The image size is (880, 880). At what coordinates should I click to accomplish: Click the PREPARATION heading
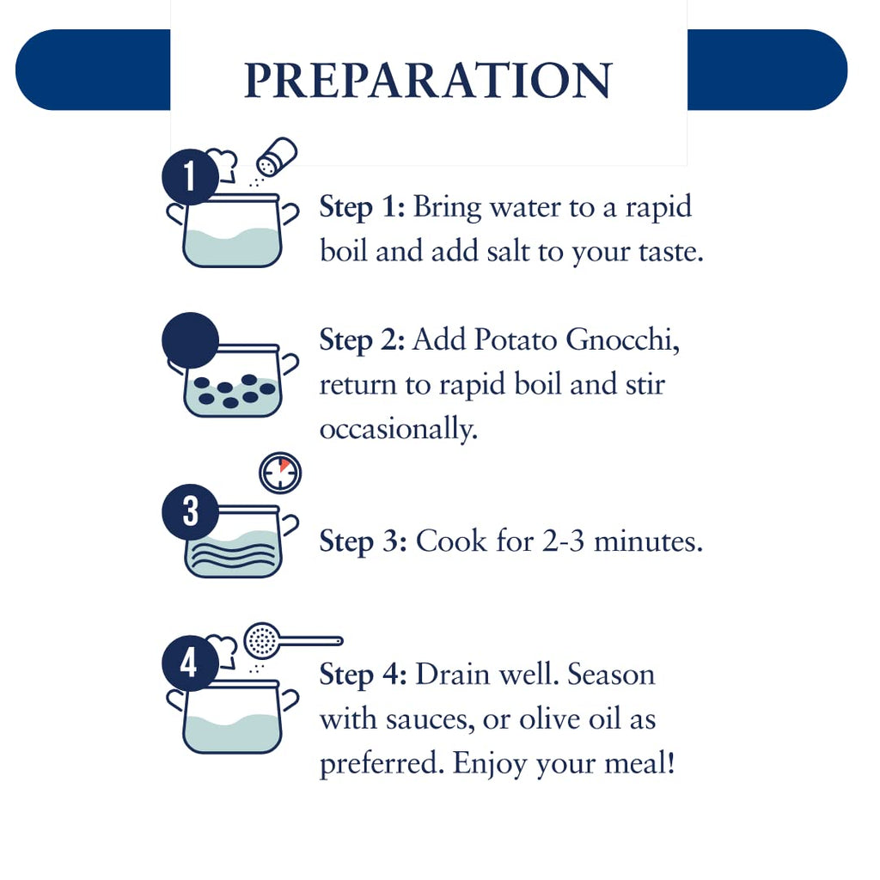(x=428, y=80)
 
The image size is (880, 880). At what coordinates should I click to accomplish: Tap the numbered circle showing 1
(x=190, y=177)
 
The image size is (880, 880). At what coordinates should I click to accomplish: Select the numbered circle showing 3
(x=190, y=512)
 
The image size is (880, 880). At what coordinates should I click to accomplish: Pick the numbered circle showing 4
(x=190, y=663)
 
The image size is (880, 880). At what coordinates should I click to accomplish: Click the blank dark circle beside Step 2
(x=190, y=340)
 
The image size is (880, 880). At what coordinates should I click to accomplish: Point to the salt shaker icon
(x=276, y=156)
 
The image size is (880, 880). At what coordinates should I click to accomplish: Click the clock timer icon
(x=280, y=474)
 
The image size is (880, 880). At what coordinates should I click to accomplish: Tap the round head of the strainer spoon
(x=261, y=640)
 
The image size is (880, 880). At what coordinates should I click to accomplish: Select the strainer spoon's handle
(x=311, y=640)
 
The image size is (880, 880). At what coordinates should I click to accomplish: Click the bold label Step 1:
(x=362, y=208)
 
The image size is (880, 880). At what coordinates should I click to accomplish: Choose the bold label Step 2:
(x=362, y=340)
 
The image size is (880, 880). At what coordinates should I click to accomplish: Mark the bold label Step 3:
(x=364, y=541)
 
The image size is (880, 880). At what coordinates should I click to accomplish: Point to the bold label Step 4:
(x=364, y=675)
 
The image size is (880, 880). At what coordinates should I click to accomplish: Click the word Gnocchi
(x=622, y=339)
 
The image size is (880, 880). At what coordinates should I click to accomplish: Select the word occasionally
(x=399, y=430)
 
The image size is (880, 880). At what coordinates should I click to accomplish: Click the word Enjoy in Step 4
(x=490, y=764)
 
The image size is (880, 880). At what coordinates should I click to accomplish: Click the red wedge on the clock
(x=284, y=465)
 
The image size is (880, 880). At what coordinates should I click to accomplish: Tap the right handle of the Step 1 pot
(x=290, y=214)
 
